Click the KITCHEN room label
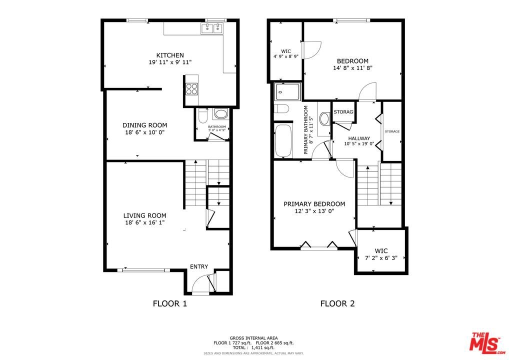(170, 55)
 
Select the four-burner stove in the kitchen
(191, 88)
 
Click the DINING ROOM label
(145, 125)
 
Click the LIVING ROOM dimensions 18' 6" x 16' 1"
(145, 222)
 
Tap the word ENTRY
(199, 266)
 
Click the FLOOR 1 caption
(170, 303)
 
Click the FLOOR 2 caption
(337, 303)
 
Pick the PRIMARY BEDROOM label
(314, 204)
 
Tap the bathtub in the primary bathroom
(283, 141)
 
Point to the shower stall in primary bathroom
(287, 92)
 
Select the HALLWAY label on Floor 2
(359, 138)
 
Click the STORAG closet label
(343, 111)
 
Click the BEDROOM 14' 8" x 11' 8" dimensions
(352, 68)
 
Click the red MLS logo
(486, 343)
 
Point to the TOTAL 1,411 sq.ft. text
(253, 347)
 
